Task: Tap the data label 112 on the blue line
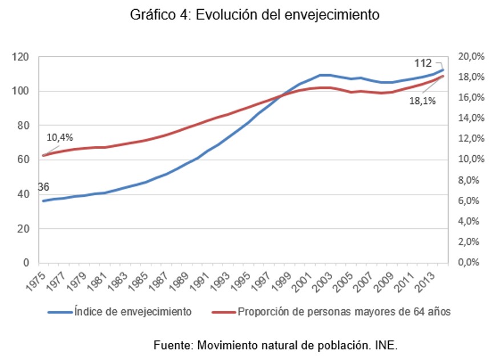click(422, 63)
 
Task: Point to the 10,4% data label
click(59, 137)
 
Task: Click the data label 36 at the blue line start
click(43, 187)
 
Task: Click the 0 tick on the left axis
click(26, 263)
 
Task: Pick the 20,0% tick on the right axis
click(471, 56)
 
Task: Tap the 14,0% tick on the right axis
click(471, 118)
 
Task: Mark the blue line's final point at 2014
click(443, 70)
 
